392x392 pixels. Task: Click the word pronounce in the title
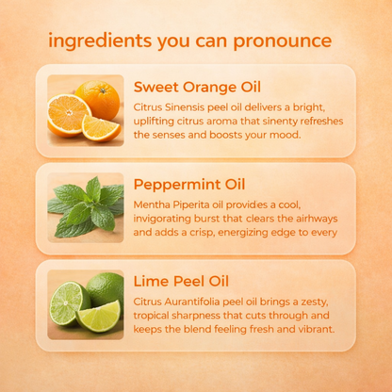point(283,41)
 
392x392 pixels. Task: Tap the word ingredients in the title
point(100,41)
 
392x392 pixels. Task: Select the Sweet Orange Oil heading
point(197,87)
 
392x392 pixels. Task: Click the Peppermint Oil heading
point(189,185)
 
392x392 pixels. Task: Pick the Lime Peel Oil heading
point(181,281)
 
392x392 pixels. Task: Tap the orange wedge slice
point(101,128)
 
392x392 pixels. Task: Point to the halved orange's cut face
point(69,113)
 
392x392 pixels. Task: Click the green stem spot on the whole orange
point(103,90)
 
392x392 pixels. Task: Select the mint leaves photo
point(86,207)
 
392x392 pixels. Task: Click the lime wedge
point(99,317)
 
